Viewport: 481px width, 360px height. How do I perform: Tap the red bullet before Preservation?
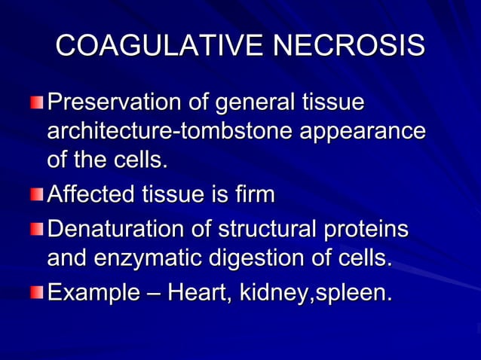point(38,101)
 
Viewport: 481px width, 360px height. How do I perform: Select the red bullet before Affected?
point(38,196)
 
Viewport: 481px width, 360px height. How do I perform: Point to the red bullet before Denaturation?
point(38,228)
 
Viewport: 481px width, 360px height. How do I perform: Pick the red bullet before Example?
point(38,291)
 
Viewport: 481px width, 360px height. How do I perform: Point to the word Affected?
point(91,195)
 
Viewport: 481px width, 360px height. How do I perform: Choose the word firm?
point(252,195)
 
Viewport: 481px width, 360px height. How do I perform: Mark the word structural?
point(267,227)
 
